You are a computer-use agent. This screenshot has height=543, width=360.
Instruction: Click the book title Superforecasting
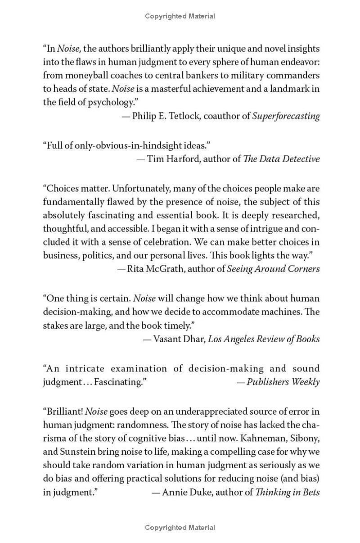click(286, 116)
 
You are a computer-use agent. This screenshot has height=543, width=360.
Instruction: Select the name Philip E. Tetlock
click(166, 116)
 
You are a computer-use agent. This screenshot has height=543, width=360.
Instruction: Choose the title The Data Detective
click(281, 158)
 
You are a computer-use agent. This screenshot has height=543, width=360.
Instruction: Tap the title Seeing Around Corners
click(273, 269)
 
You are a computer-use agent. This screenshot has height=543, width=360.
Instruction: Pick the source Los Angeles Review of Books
click(264, 339)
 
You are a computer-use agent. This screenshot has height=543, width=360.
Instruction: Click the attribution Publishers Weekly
click(283, 382)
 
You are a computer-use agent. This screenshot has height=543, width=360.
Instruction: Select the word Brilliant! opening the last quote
click(63, 411)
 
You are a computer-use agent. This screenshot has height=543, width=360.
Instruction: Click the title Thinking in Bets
click(288, 492)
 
